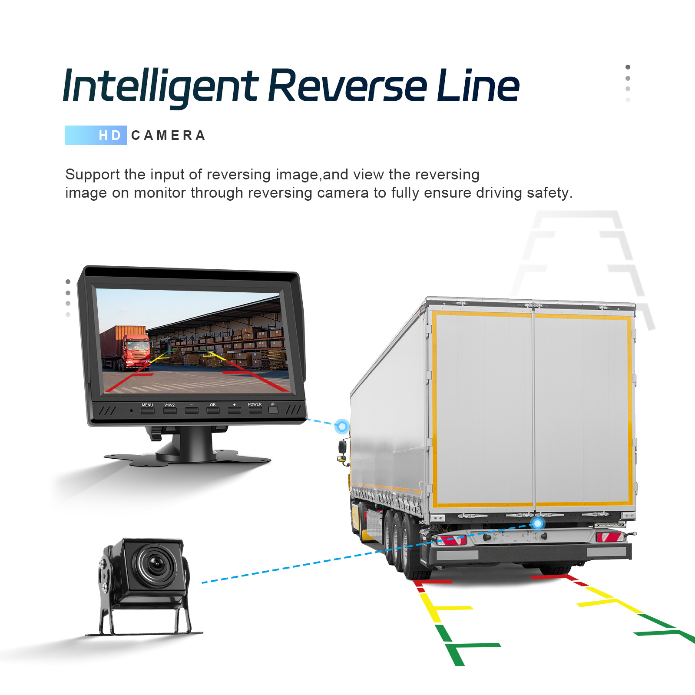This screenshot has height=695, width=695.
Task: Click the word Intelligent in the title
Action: point(160,86)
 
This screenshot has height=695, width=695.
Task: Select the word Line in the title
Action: point(478,86)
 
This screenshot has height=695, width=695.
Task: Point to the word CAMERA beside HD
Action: point(168,136)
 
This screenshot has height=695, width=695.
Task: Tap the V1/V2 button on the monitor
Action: point(169,410)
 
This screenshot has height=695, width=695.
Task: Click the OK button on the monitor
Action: point(213,410)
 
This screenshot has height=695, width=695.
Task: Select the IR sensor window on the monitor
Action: point(273,409)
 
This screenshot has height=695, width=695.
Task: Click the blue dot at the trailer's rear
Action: point(538,523)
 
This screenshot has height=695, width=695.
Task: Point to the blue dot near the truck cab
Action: point(342,427)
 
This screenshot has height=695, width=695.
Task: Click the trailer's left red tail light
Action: point(452,540)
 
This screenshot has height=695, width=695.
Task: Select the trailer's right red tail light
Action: point(609,537)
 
